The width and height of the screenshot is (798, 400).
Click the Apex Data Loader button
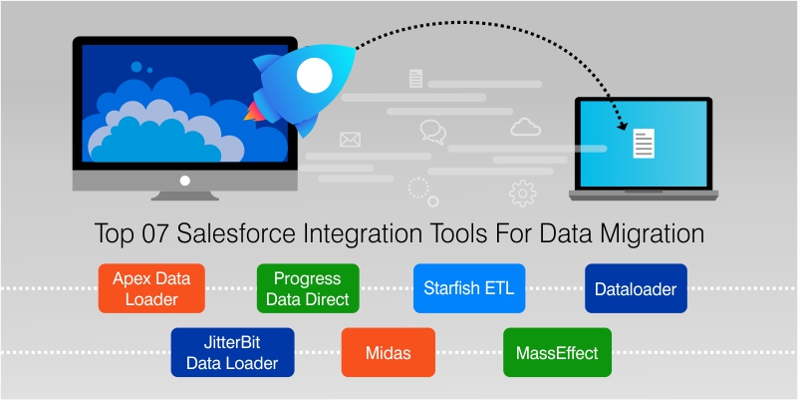(151, 288)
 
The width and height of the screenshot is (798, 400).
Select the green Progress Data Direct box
(307, 288)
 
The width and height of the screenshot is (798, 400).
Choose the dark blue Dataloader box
(635, 289)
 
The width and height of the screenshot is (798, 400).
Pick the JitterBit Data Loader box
(232, 351)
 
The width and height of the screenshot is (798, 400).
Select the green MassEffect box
(556, 352)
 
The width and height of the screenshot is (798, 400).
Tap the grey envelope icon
(350, 140)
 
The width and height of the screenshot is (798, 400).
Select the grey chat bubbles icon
(433, 131)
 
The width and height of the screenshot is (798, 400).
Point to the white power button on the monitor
(184, 182)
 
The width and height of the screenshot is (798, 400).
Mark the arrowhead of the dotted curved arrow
(626, 127)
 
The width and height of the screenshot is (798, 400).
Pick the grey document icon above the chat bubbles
(415, 78)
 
